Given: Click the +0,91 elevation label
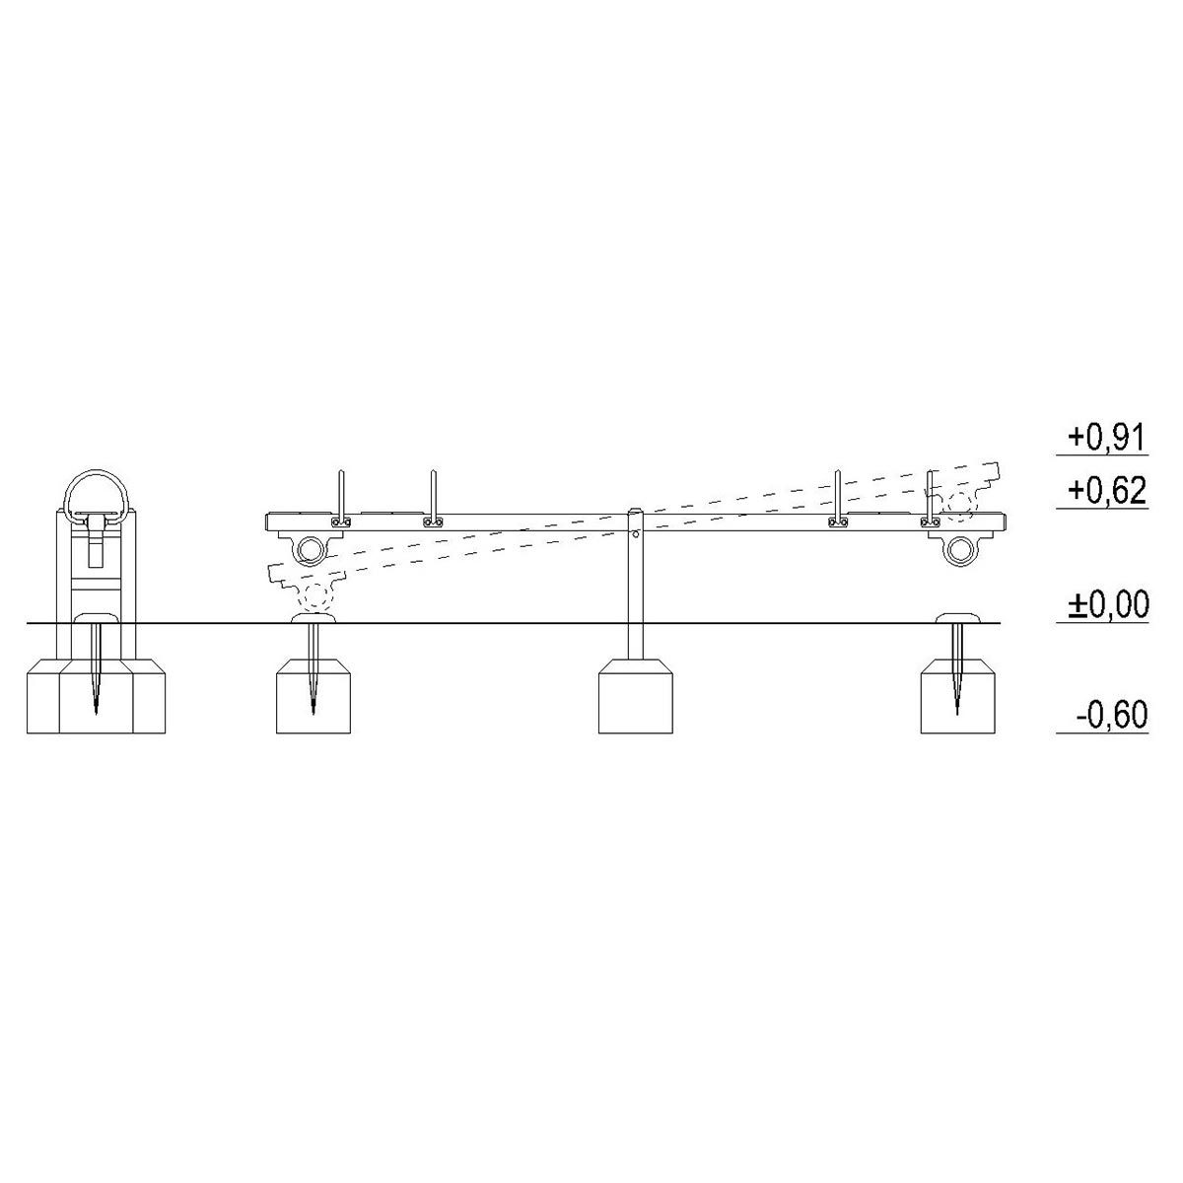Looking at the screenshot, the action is (x=1107, y=439).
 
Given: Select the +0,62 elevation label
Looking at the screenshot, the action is (x=1107, y=491).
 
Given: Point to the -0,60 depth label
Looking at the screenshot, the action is (x=1112, y=715).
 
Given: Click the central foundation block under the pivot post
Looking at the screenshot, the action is (x=636, y=696).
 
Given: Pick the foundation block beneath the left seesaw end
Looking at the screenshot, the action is (x=313, y=696).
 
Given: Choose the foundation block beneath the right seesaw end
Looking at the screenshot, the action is (x=957, y=696).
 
